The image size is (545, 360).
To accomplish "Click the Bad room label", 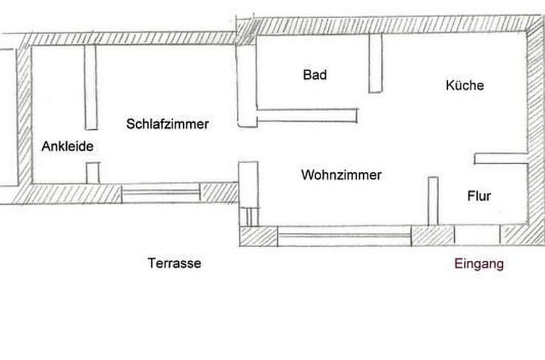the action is click(x=314, y=74).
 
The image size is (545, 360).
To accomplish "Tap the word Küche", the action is click(x=465, y=85).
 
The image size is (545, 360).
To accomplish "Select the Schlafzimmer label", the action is click(x=167, y=124).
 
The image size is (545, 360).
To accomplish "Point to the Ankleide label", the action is click(x=67, y=146).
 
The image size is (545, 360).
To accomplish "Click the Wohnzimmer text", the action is click(x=341, y=175).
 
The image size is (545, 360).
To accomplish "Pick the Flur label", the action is click(x=479, y=196).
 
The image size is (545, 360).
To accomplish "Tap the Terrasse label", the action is click(x=174, y=263).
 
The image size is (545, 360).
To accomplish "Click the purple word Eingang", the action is click(x=479, y=264).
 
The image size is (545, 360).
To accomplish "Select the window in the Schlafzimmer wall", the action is click(x=160, y=193).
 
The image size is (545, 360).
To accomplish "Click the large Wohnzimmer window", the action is click(x=344, y=236).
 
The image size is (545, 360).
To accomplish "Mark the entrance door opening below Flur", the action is click(x=477, y=235).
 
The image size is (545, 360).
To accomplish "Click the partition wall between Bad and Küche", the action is click(x=375, y=63).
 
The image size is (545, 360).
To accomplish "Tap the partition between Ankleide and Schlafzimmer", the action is click(x=91, y=87).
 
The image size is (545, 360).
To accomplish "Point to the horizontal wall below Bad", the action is click(x=307, y=116).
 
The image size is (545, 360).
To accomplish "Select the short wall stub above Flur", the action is click(x=501, y=158).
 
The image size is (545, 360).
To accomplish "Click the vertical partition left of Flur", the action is click(x=433, y=202).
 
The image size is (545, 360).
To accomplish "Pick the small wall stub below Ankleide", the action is click(x=93, y=173).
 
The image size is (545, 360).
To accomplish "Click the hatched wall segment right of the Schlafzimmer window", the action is click(x=219, y=192).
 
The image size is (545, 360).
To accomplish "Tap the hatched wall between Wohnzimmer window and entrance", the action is click(x=433, y=235).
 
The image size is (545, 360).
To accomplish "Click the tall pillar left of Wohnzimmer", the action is click(x=249, y=194).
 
